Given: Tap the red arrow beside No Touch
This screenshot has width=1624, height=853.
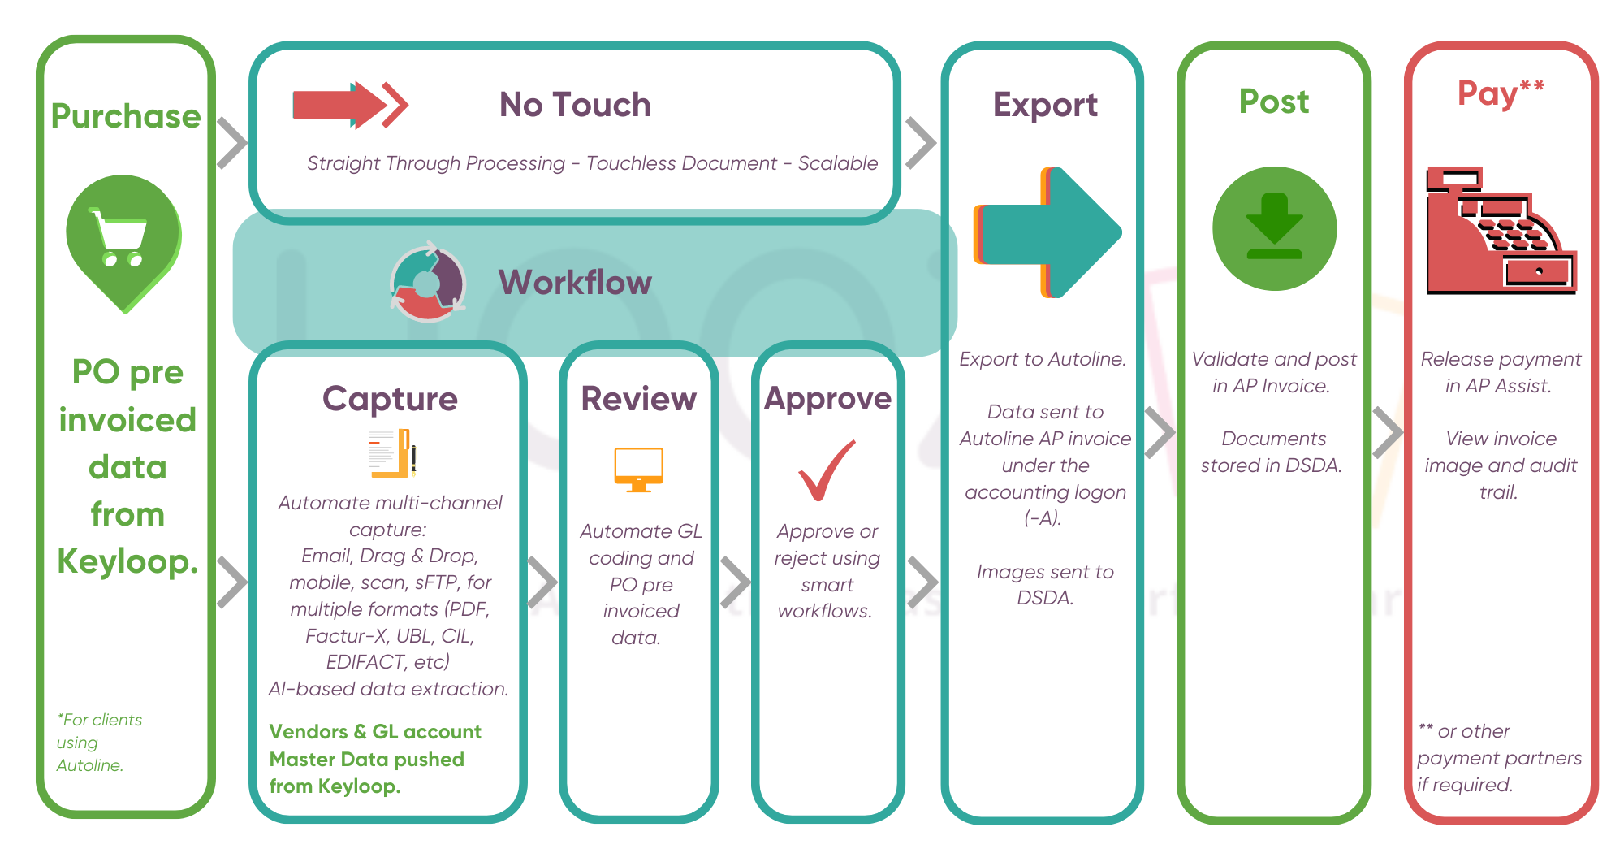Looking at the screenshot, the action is pyautogui.click(x=349, y=105).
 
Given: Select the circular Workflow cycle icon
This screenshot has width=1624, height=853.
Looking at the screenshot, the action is pyautogui.click(x=427, y=282).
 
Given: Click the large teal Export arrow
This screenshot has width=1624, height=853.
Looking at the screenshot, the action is pyautogui.click(x=1047, y=233).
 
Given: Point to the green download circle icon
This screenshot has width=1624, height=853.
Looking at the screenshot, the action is pyautogui.click(x=1274, y=228).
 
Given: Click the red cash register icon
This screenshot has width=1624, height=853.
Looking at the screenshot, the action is pyautogui.click(x=1501, y=231).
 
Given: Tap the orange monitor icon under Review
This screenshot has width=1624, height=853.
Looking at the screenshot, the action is pyautogui.click(x=639, y=470).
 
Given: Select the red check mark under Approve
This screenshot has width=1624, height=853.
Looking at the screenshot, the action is pyautogui.click(x=827, y=470).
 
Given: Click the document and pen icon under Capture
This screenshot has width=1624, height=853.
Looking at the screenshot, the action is pyautogui.click(x=392, y=453).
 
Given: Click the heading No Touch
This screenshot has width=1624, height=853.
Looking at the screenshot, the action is pyautogui.click(x=575, y=105).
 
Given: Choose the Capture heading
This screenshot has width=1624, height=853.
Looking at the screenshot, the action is pyautogui.click(x=390, y=399).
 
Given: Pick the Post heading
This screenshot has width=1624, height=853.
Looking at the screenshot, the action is pyautogui.click(x=1274, y=102).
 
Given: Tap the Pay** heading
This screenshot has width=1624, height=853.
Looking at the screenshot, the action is pyautogui.click(x=1501, y=93).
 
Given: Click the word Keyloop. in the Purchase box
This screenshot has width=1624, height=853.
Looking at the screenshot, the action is pyautogui.click(x=127, y=561).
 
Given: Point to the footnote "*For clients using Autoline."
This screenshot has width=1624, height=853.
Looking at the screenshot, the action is pyautogui.click(x=99, y=743).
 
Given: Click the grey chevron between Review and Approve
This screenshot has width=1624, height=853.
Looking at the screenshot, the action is pyautogui.click(x=736, y=582).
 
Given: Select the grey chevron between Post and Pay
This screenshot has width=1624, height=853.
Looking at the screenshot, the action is pyautogui.click(x=1388, y=433).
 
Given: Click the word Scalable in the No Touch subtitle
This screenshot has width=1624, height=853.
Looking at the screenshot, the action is pyautogui.click(x=837, y=163).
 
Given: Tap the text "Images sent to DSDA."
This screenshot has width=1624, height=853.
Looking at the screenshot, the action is pyautogui.click(x=1045, y=585).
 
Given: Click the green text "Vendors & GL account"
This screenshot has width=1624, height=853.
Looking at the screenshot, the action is pyautogui.click(x=375, y=732).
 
